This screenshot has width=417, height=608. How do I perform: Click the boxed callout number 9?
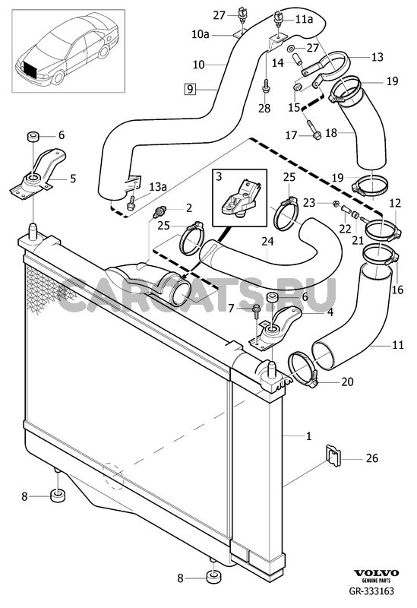[x=189, y=89]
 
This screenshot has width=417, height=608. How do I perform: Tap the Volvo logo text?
[x=375, y=573]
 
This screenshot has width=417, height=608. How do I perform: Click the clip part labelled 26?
[x=333, y=454]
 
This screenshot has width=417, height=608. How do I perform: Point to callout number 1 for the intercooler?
[x=308, y=435]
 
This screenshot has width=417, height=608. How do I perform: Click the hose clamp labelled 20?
[x=302, y=369]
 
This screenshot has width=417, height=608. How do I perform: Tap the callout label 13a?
[x=158, y=187]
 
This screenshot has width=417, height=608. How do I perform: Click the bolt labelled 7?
[x=256, y=312]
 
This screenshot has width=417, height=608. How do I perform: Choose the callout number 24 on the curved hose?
[x=267, y=241]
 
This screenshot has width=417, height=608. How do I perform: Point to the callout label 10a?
[x=201, y=34]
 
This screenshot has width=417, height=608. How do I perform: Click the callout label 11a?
[x=305, y=18]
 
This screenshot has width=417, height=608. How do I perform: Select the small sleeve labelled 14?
[x=298, y=60]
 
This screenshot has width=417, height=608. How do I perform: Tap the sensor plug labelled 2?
[x=158, y=212]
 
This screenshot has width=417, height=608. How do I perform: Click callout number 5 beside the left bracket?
[x=73, y=179]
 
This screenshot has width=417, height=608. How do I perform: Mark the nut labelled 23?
[x=336, y=203]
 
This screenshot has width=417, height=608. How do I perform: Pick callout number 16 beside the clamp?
[x=397, y=290]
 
